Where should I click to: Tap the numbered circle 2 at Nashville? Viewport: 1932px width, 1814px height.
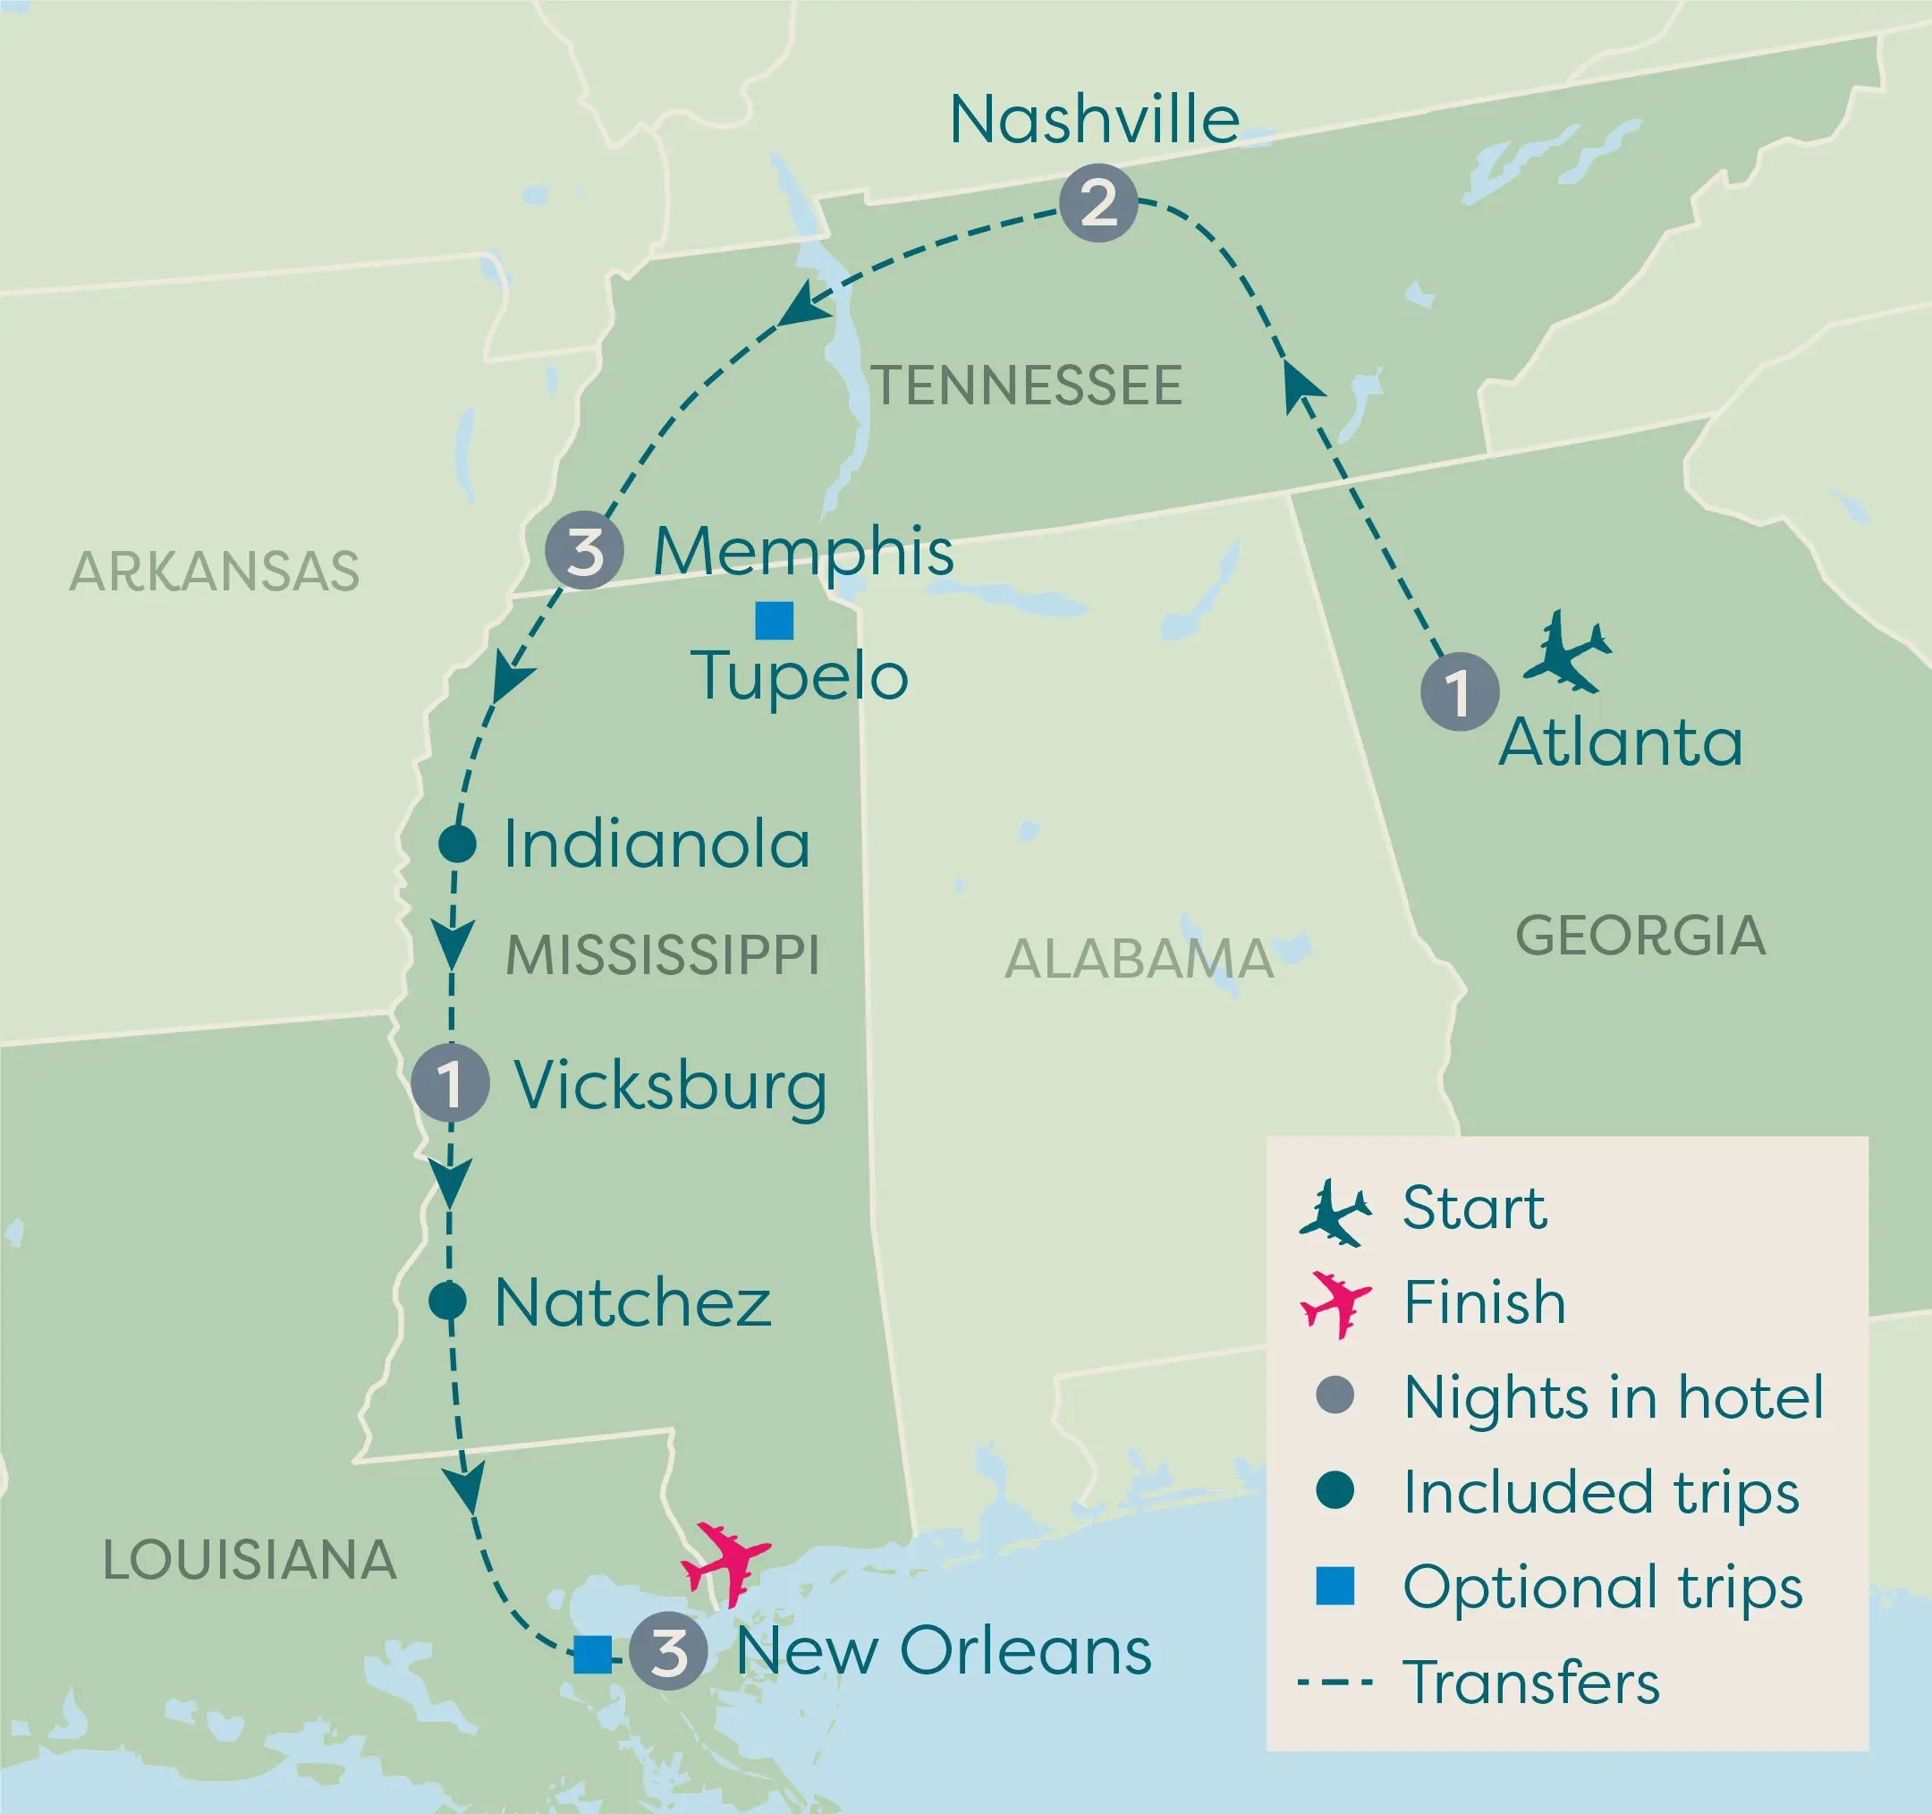point(1098,203)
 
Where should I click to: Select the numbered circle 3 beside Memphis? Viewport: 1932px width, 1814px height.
point(584,551)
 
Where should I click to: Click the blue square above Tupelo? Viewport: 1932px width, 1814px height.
point(775,621)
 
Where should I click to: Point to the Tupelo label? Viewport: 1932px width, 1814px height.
point(799,676)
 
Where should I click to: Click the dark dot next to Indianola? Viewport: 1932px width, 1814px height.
point(457,843)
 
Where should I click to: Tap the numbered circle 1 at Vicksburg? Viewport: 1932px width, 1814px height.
point(450,1083)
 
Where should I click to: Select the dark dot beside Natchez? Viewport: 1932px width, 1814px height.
point(447,1300)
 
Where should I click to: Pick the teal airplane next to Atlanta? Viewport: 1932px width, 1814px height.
point(1565,652)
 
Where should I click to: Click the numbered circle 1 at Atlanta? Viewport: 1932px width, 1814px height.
point(1459,691)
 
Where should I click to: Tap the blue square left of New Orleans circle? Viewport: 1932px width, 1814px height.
point(593,1655)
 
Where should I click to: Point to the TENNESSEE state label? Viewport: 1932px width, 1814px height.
point(1026,386)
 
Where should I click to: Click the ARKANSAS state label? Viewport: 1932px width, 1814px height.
point(215,572)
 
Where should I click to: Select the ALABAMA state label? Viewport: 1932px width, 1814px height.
point(1138,960)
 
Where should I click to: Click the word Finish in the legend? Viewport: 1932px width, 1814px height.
point(1484,1302)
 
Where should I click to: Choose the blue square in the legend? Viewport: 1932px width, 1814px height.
point(1335,1586)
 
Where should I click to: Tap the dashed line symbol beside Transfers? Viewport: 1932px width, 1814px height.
point(1335,1682)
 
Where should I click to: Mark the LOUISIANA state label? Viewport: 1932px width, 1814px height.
point(250,1560)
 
